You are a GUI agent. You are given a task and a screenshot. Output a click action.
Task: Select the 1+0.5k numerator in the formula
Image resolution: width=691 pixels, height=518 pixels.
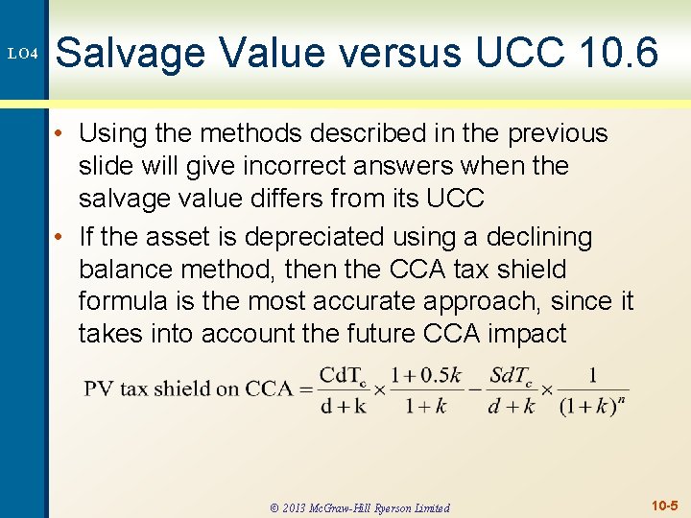pos(426,373)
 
